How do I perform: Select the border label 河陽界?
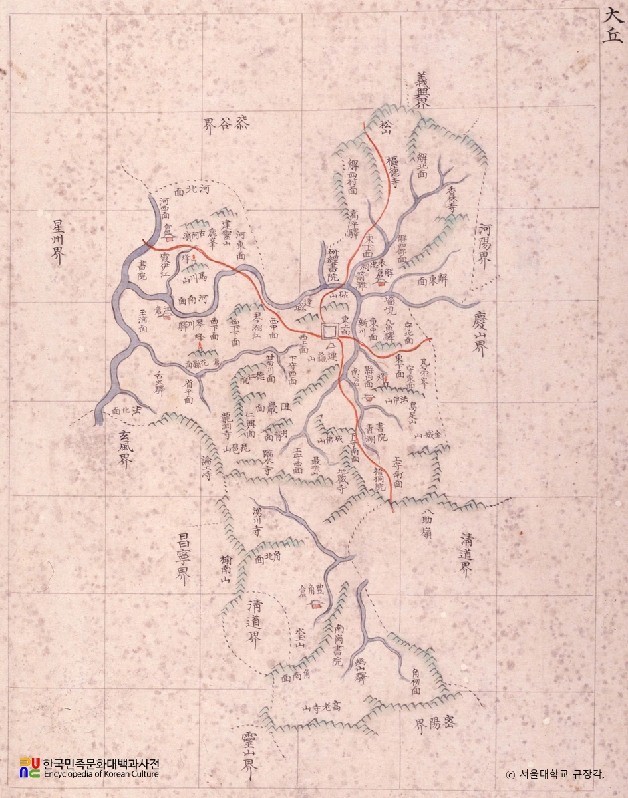pos(484,246)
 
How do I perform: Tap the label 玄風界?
pos(124,449)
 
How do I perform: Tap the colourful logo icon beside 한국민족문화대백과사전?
pos(29,767)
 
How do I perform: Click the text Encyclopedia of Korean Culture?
pos(100,774)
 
